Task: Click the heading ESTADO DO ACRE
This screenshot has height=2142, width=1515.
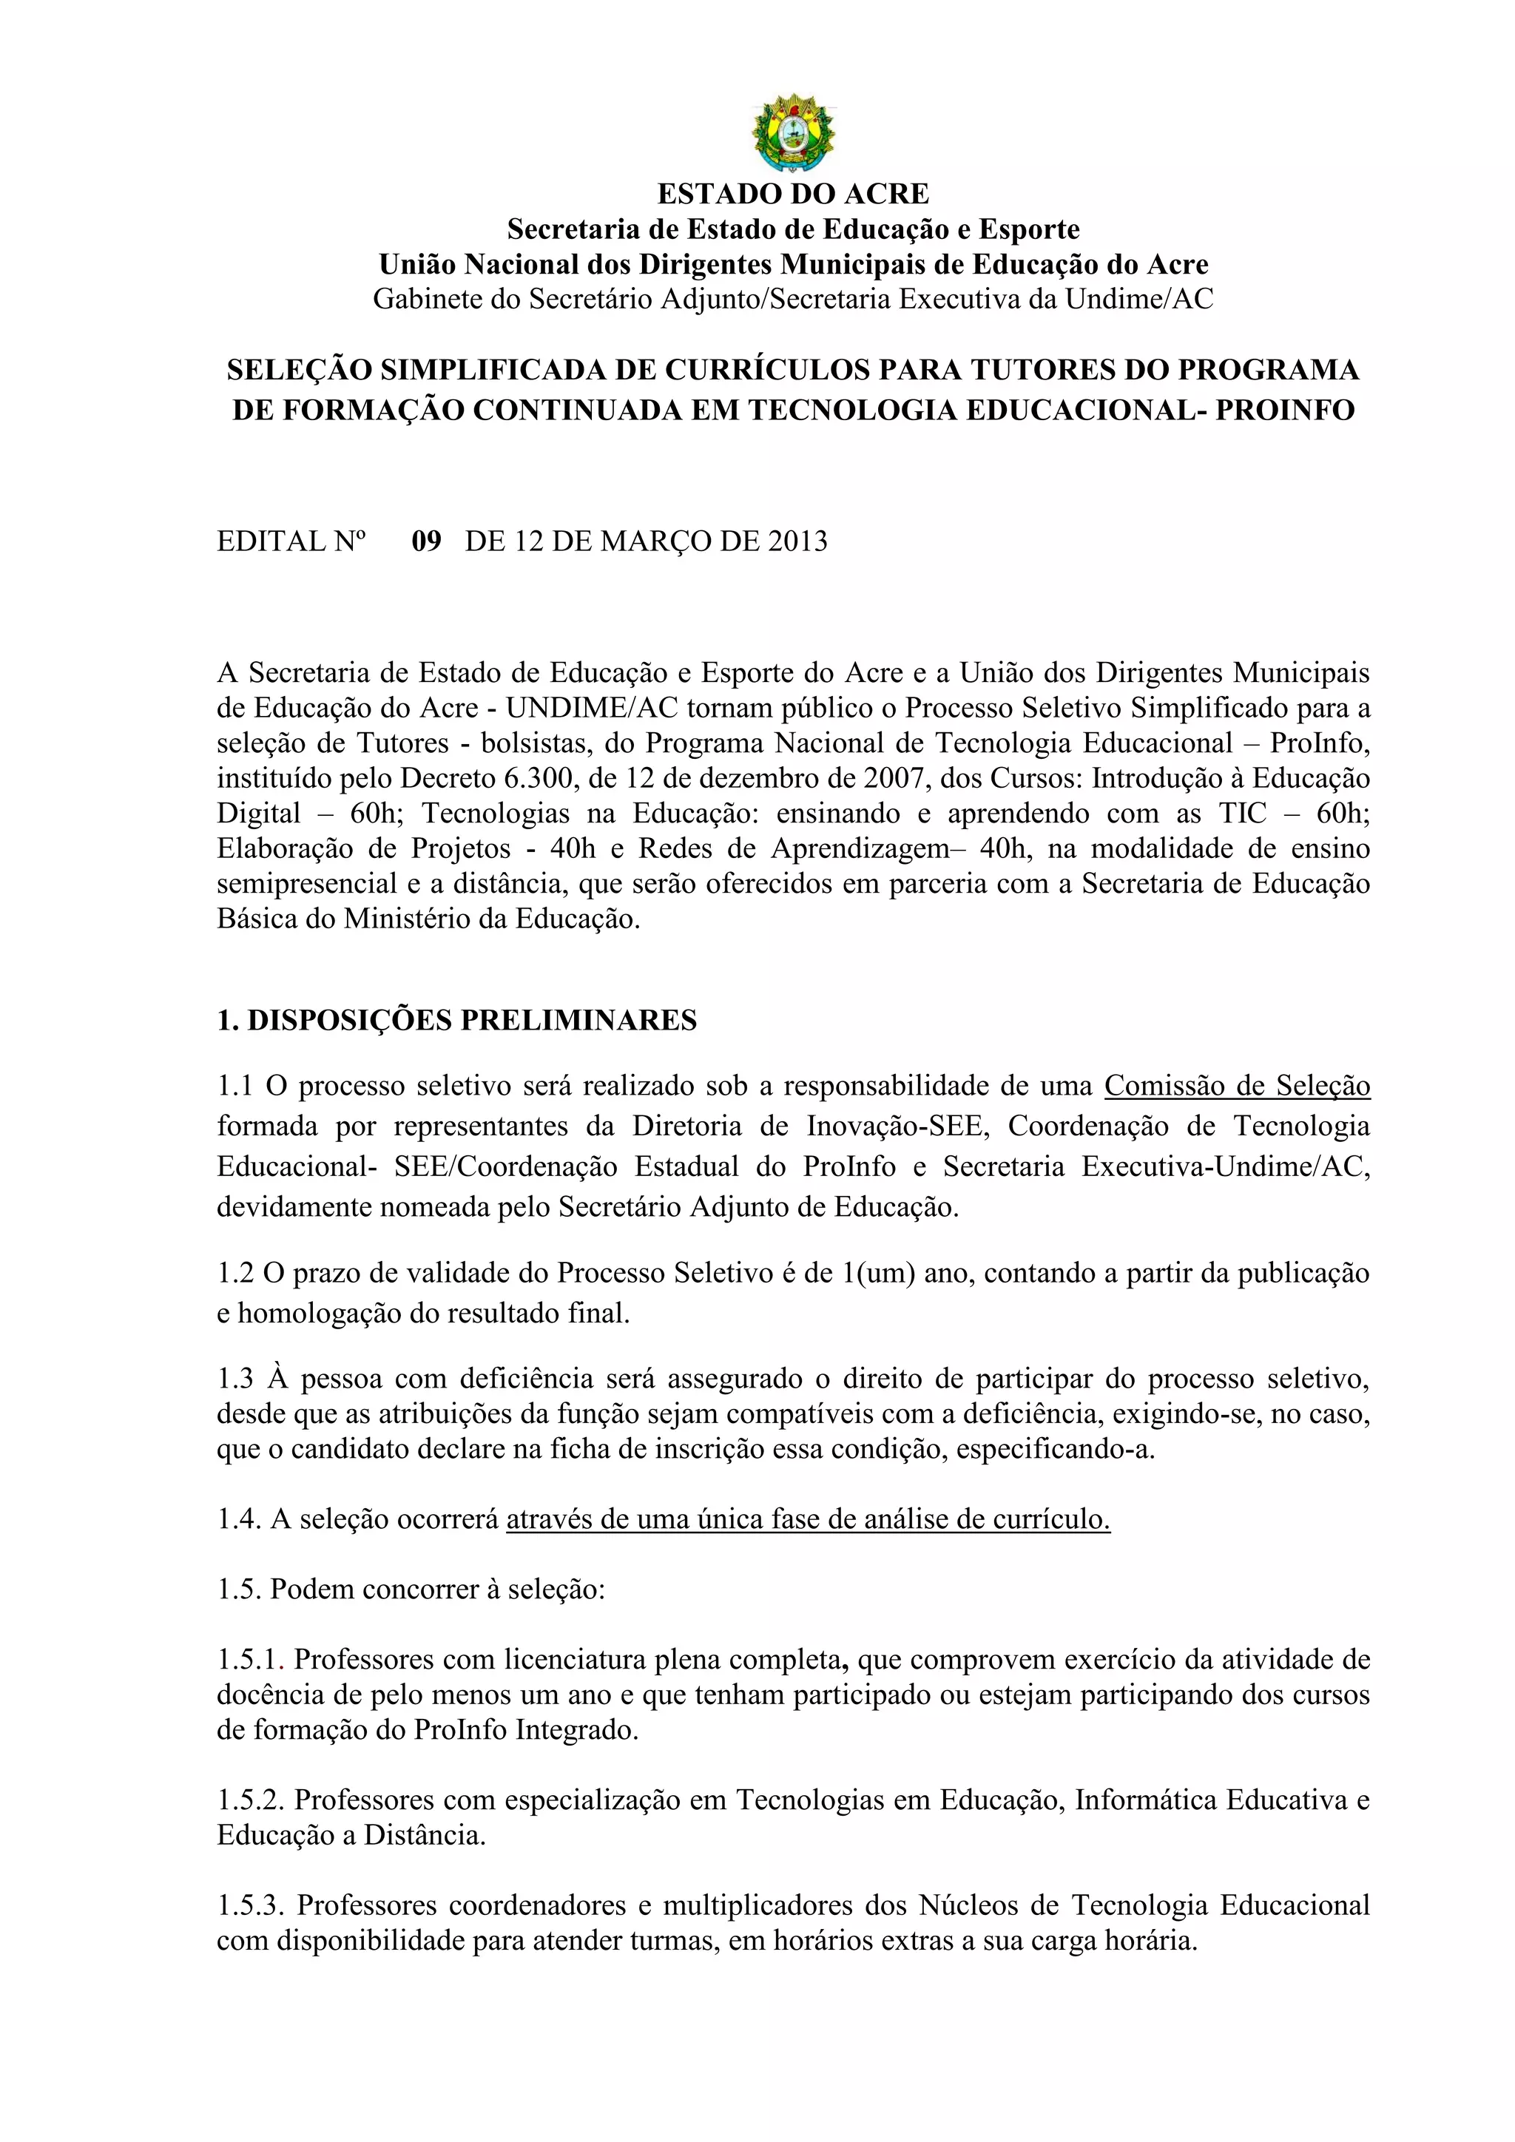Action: click(x=793, y=194)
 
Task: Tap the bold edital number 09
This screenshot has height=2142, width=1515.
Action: click(x=426, y=541)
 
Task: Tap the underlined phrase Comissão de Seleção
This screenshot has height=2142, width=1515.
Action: click(x=1237, y=1086)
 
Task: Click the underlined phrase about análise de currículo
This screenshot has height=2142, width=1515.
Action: click(x=808, y=1518)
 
